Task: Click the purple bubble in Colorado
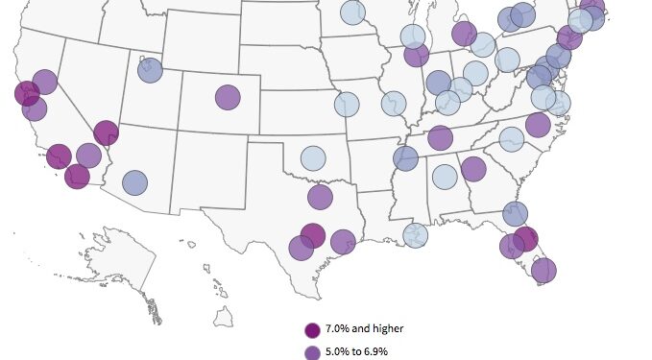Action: click(x=228, y=97)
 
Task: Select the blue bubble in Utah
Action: click(x=150, y=70)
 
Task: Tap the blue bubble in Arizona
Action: click(x=134, y=182)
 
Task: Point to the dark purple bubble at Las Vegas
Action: click(x=106, y=133)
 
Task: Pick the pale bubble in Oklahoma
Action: click(x=313, y=158)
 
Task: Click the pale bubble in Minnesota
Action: click(x=352, y=12)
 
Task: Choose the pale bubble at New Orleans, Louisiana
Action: click(x=415, y=235)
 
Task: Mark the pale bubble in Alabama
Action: click(x=444, y=177)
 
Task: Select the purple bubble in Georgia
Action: click(x=472, y=169)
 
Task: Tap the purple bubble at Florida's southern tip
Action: click(x=543, y=271)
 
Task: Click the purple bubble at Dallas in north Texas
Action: click(x=320, y=197)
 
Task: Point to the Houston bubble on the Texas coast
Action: click(x=343, y=241)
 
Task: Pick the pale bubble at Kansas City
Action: click(x=347, y=104)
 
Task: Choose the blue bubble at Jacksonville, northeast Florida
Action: click(x=515, y=214)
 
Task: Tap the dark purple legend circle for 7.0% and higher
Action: click(x=312, y=329)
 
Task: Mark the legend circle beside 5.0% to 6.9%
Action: click(x=312, y=352)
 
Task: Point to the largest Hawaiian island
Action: click(x=224, y=315)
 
